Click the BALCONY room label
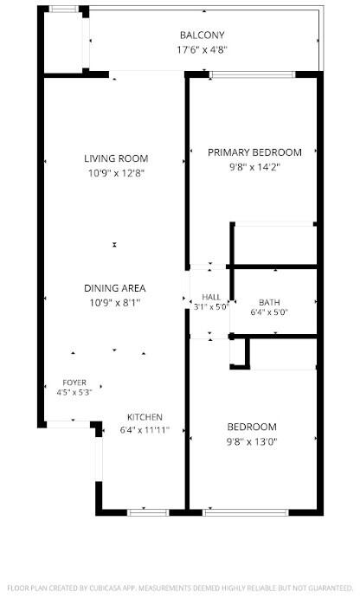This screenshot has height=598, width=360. pos(202,35)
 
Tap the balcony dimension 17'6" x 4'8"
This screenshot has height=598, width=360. pos(202,50)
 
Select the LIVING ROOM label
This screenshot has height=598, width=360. pos(116,158)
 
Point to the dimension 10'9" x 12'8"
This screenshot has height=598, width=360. pos(116,174)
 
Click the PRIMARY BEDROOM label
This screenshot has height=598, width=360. pos(254,152)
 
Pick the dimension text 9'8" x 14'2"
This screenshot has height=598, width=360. pos(254,167)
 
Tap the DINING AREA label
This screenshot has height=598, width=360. pos(115,288)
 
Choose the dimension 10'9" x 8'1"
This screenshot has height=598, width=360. pos(115,303)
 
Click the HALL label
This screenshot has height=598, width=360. pos(211,297)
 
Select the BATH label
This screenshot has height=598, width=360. pos(269,302)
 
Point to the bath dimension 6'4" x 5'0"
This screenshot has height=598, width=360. pos(269,312)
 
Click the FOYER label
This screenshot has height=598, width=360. pos(74,383)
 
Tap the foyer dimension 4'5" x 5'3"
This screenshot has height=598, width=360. pos(74,392)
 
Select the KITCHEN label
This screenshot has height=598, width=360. pos(145,417)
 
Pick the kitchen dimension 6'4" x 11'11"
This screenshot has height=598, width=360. pos(145,431)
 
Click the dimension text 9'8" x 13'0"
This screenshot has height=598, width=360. pos(252,442)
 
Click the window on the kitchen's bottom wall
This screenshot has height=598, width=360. pos(148,512)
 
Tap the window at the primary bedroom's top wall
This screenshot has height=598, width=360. pos(253,74)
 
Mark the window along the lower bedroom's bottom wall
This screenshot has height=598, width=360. pos(246,512)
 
